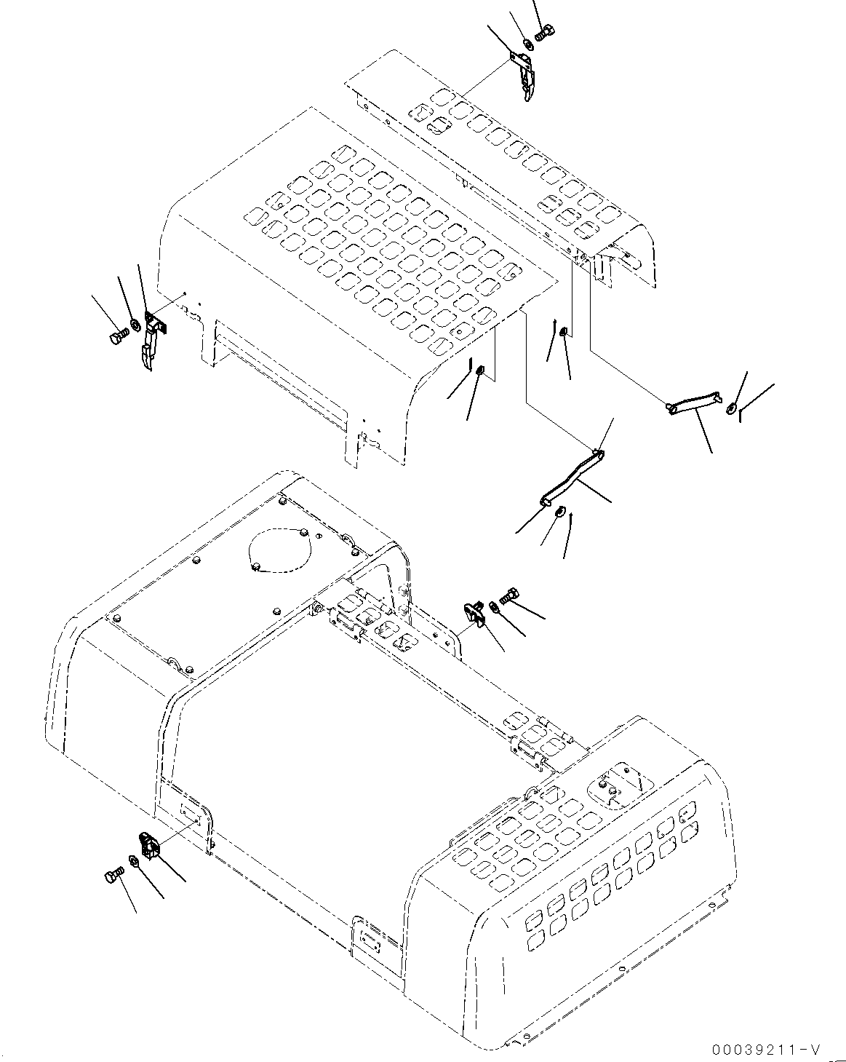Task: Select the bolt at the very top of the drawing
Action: tap(545, 32)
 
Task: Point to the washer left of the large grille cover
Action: tap(135, 324)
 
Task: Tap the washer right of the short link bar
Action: tap(731, 408)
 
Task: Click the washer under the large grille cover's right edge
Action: tap(480, 373)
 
